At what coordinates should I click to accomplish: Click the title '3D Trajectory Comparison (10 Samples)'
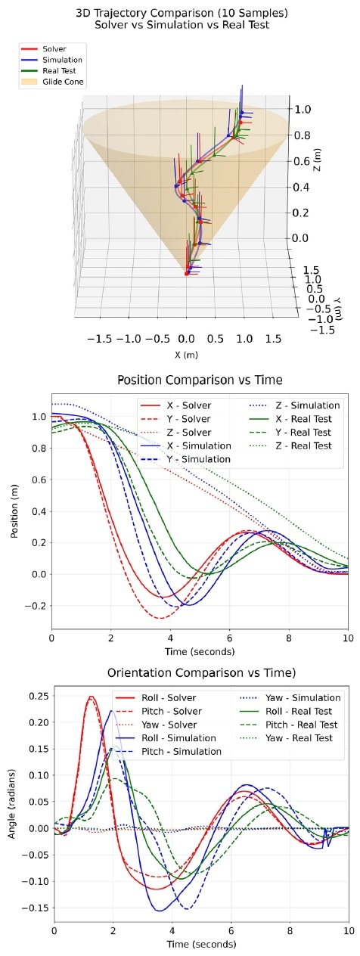tap(180, 13)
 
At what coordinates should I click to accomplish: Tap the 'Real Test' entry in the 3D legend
tap(60, 70)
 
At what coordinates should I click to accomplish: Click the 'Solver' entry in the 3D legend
tap(54, 48)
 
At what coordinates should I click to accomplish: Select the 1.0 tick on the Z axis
tap(303, 109)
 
